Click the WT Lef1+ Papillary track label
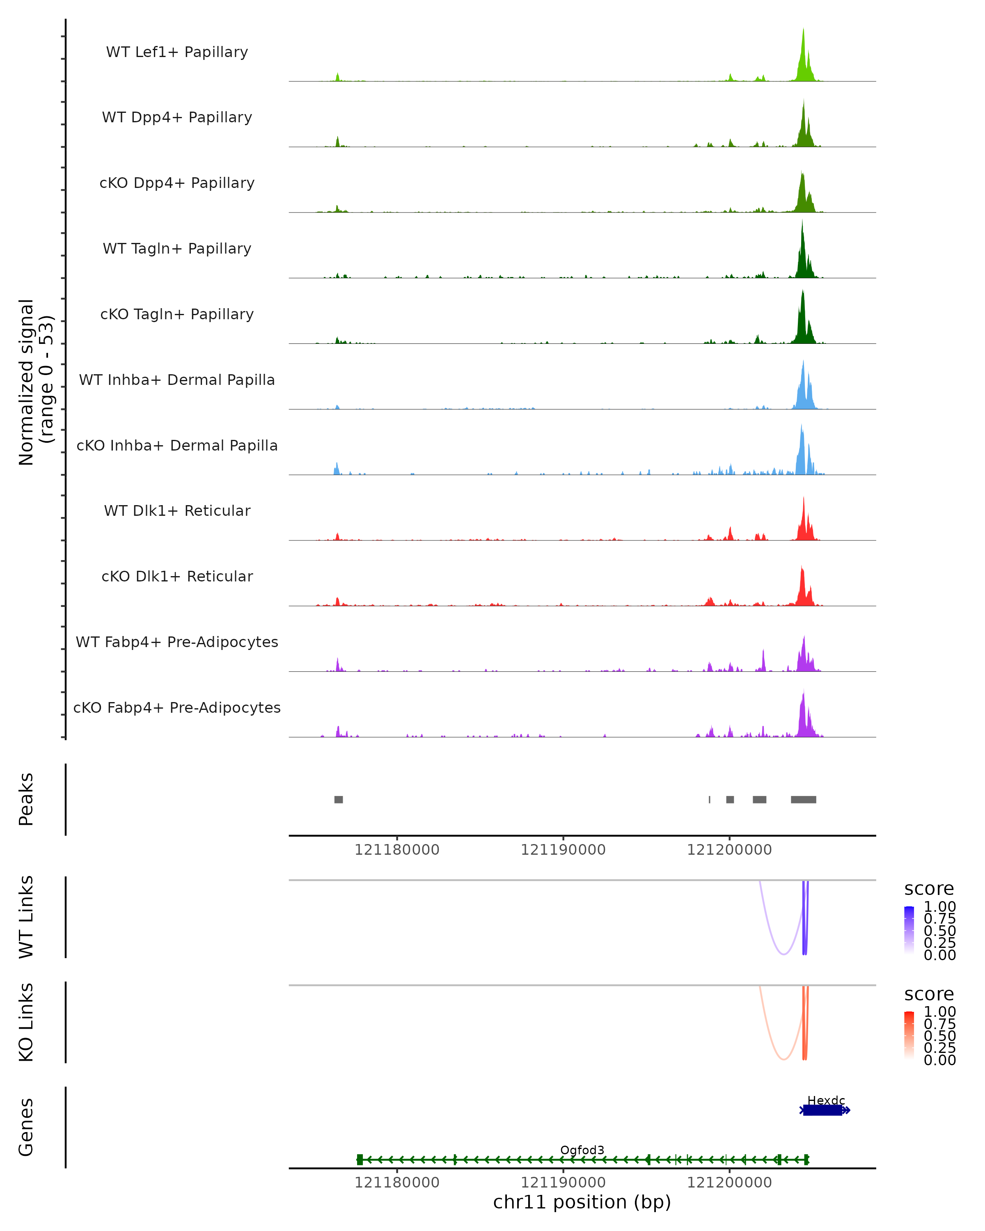(x=177, y=52)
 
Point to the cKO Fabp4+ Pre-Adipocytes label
(x=177, y=707)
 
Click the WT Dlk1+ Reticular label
(x=177, y=510)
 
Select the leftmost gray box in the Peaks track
(x=339, y=799)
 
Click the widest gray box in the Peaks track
(x=804, y=799)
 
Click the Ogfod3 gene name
(x=582, y=1150)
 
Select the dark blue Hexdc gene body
(x=822, y=1110)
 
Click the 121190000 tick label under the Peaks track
(x=563, y=850)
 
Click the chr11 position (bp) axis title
(x=582, y=1202)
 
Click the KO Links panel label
(x=26, y=1022)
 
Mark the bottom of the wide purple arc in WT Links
(x=784, y=954)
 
